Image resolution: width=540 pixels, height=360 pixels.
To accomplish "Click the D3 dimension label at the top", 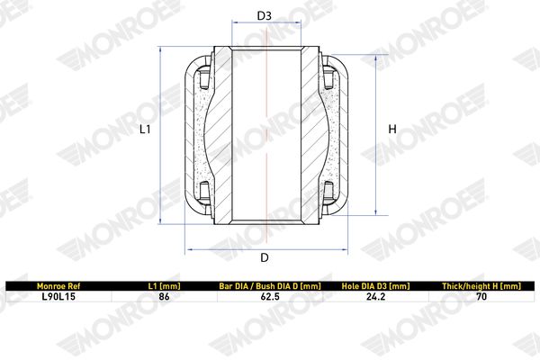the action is tap(264, 15).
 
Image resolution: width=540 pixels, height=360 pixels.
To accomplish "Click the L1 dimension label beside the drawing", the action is tap(145, 130).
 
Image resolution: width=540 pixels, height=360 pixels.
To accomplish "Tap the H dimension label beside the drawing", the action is tap(392, 130).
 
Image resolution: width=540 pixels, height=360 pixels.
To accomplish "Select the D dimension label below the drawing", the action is tap(264, 257).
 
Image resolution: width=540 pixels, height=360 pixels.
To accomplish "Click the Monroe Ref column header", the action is tap(58, 286).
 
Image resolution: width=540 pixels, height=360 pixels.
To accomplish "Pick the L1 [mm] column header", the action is tap(164, 286).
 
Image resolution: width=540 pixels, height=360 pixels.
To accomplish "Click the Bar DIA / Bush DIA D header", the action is tap(270, 286).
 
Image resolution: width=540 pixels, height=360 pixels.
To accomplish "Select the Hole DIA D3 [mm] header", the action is tap(375, 286).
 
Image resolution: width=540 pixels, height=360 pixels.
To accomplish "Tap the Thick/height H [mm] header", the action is tap(481, 286).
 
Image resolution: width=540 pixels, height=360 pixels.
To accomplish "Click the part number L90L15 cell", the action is tap(58, 297).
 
